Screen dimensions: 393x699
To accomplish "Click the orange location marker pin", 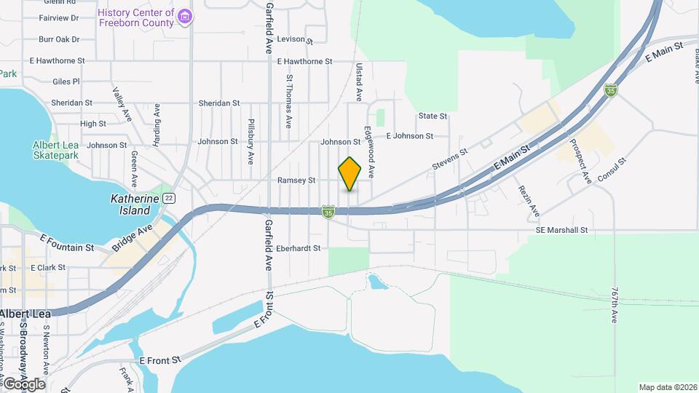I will [x=350, y=174].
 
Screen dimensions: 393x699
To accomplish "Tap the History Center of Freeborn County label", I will [x=136, y=17].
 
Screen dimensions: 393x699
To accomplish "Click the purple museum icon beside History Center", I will [x=186, y=16].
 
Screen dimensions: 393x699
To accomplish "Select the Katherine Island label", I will [x=130, y=204].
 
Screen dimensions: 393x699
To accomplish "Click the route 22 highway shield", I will [x=169, y=198].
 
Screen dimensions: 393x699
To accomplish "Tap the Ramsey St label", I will [x=296, y=180].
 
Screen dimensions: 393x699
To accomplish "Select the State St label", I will [x=433, y=116].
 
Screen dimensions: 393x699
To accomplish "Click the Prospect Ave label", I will [x=580, y=160].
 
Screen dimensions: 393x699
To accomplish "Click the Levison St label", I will [x=294, y=40].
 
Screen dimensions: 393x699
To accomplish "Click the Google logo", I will [x=24, y=384].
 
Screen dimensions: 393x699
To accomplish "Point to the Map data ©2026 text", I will [x=667, y=387].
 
